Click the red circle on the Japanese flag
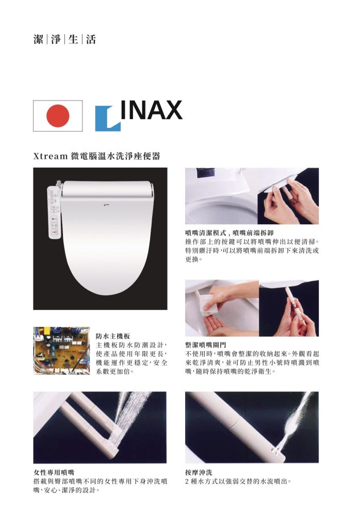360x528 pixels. click(x=58, y=115)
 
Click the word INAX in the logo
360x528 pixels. click(x=151, y=109)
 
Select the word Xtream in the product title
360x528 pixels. click(x=51, y=156)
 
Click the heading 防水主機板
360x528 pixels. click(x=113, y=336)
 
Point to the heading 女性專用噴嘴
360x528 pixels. click(x=54, y=472)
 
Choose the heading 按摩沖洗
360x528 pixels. click(x=199, y=472)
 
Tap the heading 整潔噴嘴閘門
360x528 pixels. click(x=206, y=345)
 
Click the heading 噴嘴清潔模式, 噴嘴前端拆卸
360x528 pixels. click(x=230, y=233)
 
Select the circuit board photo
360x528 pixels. click(x=61, y=351)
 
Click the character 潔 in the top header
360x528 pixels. click(x=38, y=39)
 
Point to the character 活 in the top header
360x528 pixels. click(x=91, y=39)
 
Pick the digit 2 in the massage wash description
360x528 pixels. click(x=187, y=482)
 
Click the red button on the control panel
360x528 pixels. click(x=54, y=233)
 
